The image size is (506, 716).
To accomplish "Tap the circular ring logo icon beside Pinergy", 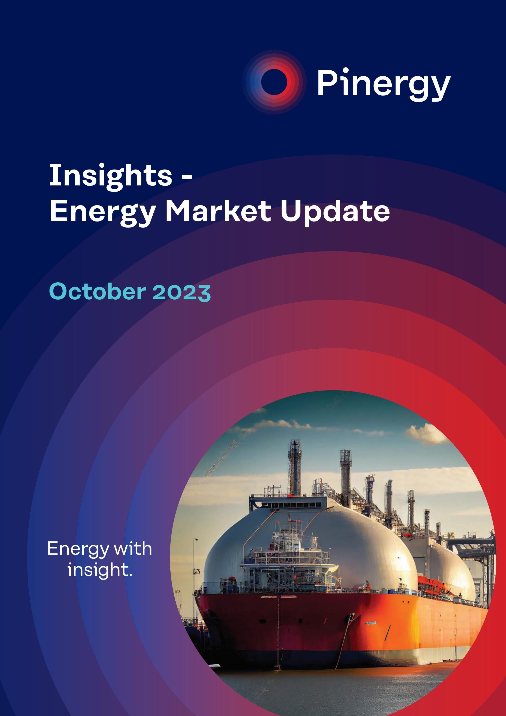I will point(274,82).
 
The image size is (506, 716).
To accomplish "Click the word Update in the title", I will point(335,212).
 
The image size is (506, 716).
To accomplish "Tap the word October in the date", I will point(97,291).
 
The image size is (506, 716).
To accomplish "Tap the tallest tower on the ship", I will point(295,468).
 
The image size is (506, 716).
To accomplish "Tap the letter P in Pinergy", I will point(326,83).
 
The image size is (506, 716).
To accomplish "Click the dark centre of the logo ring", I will point(274,82).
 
